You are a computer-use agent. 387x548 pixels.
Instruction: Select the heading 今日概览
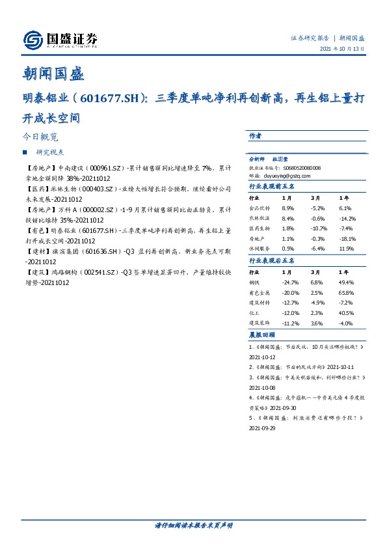[x=40, y=137]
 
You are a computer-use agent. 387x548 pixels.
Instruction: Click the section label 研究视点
[x=50, y=153]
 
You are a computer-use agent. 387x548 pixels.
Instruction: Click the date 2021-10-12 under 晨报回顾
[x=263, y=357]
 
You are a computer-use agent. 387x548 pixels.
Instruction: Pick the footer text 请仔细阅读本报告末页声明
[x=193, y=525]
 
